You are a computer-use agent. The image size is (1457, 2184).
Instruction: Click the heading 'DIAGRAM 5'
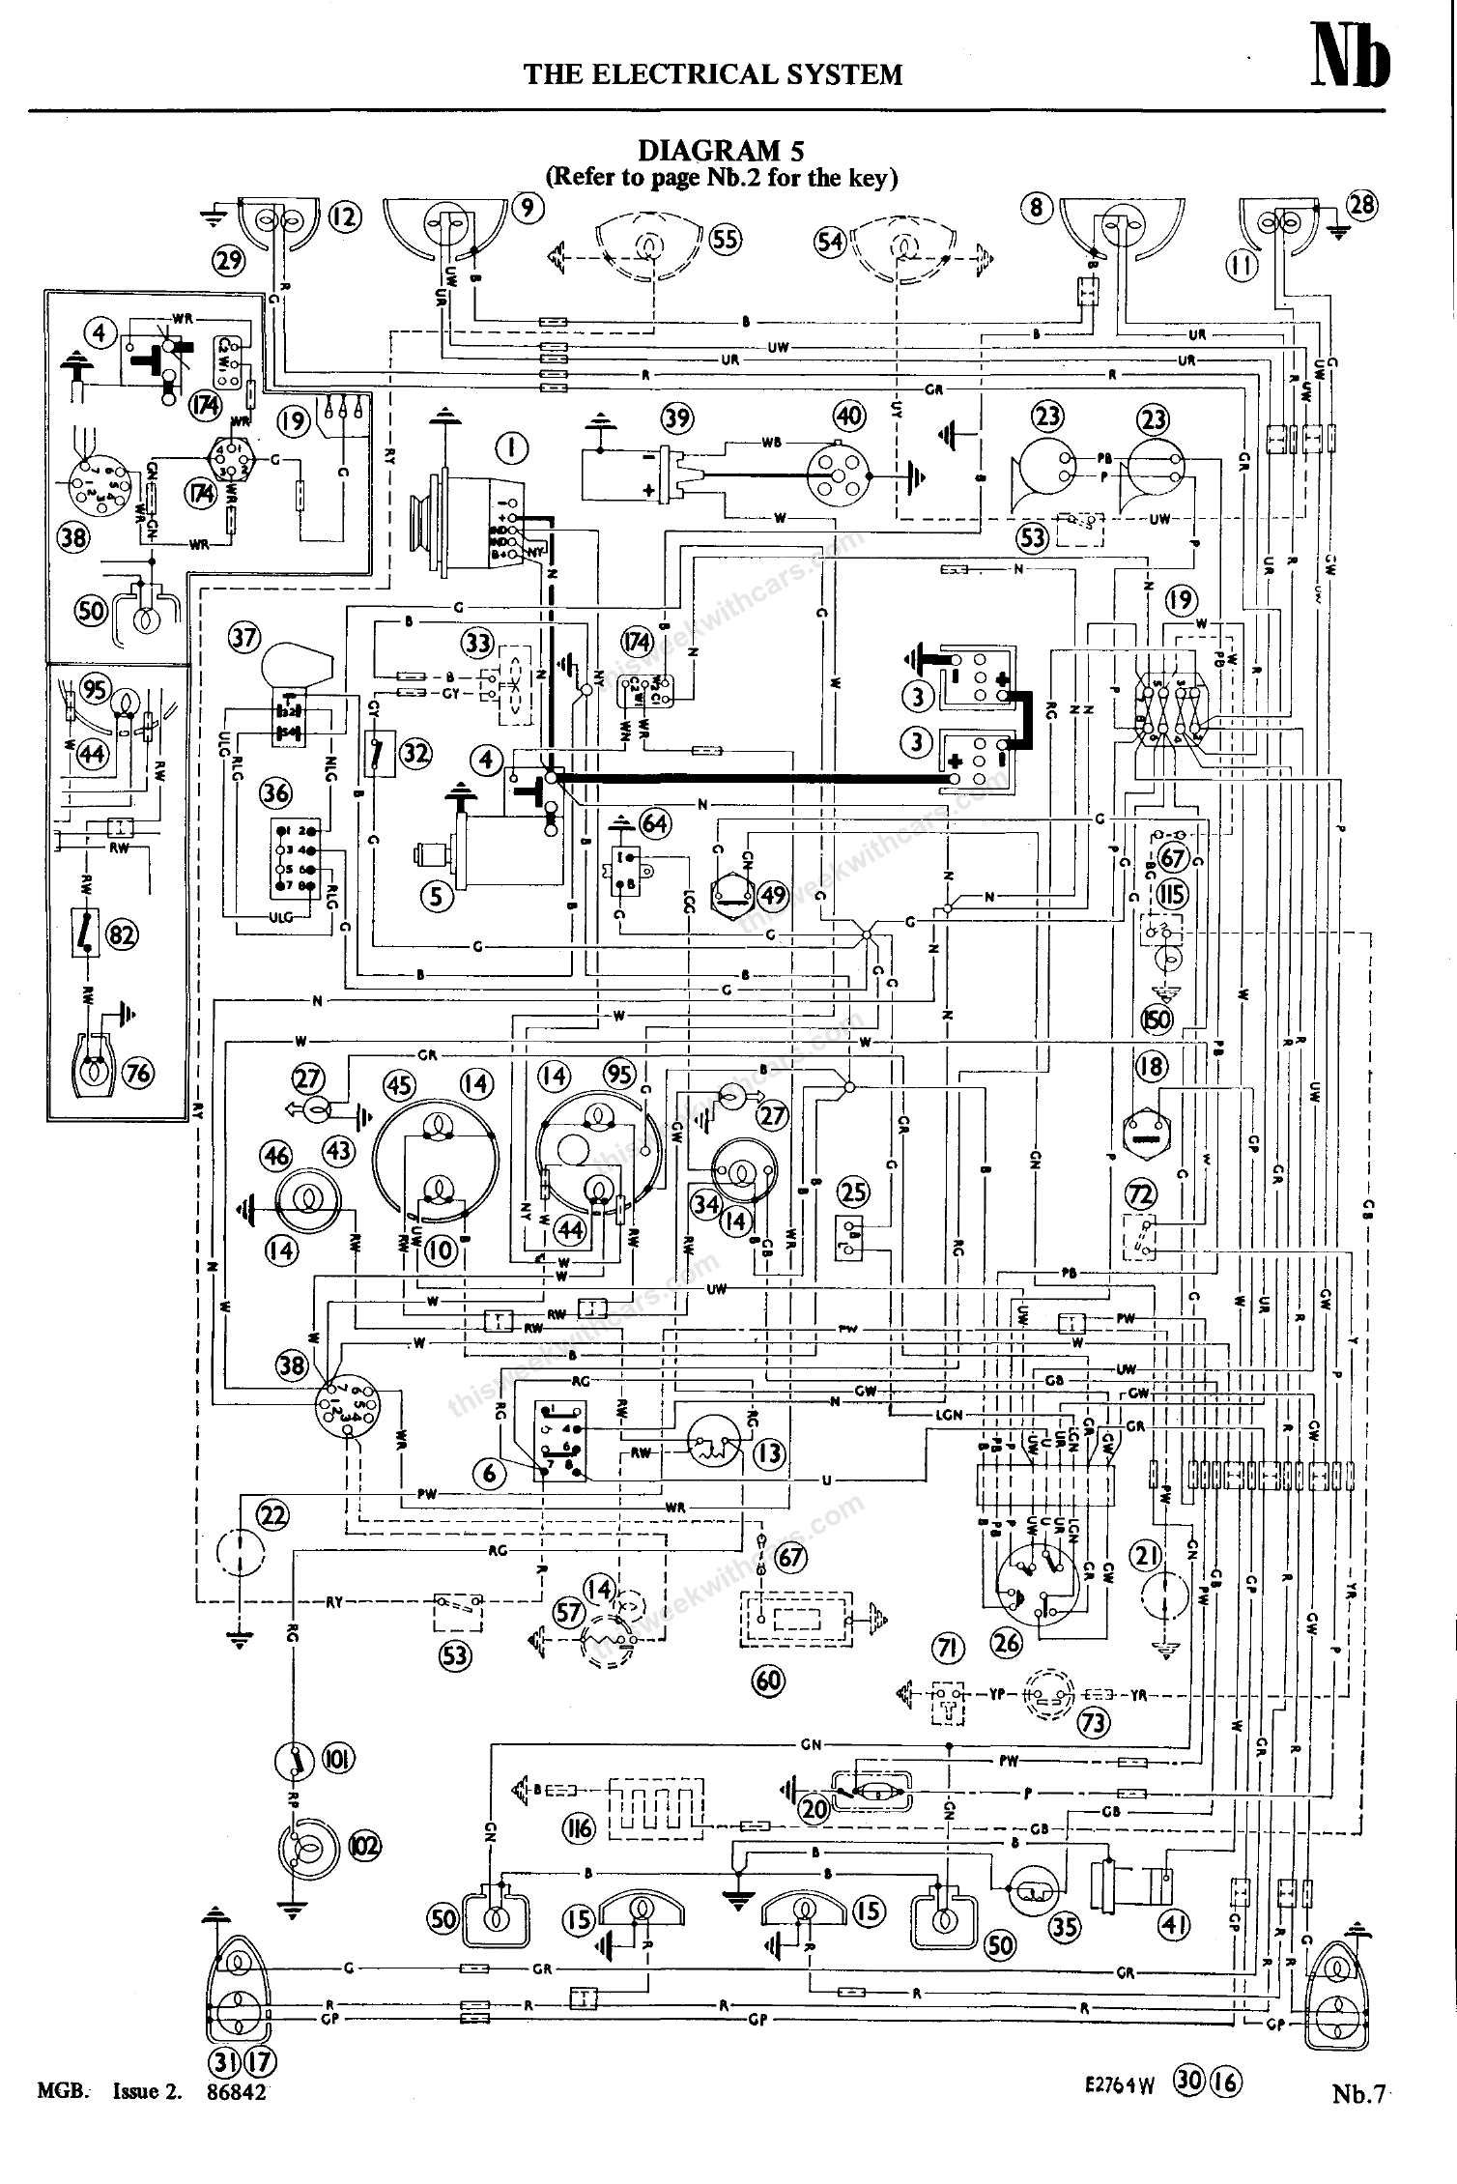pos(721,151)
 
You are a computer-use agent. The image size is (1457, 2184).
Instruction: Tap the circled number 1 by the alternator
pos(512,447)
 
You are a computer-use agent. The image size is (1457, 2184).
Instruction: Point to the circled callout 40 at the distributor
pos(849,417)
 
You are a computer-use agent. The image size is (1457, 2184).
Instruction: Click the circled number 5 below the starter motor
pos(437,897)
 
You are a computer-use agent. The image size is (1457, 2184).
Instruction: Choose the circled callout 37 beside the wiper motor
pos(245,638)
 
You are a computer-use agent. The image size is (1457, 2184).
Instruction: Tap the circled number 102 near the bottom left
pos(364,1846)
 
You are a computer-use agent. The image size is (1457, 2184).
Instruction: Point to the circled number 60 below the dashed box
pos(769,1681)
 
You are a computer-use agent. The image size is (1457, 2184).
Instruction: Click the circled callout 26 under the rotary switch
pos(1008,1642)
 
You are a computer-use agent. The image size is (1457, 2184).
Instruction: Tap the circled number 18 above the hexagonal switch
pos(1152,1067)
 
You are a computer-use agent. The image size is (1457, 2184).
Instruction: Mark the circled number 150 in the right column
pos(1157,1020)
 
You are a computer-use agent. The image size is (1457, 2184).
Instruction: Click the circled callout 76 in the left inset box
pos(140,1074)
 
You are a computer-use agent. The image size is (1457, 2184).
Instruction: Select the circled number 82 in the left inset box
pos(123,934)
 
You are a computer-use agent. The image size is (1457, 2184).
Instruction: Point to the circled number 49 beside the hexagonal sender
pos(773,896)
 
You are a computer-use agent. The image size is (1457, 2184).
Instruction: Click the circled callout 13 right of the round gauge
pos(769,1453)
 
